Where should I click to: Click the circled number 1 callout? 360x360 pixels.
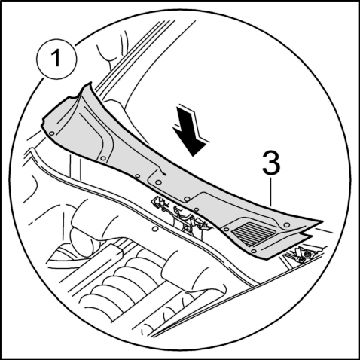click(56, 59)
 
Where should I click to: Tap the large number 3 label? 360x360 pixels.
click(271, 163)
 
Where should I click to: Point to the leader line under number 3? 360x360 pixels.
click(271, 191)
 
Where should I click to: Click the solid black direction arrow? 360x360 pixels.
click(190, 130)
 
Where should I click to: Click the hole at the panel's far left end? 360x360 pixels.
click(52, 133)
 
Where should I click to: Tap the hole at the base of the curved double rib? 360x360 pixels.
click(103, 158)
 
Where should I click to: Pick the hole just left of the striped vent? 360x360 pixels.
click(226, 229)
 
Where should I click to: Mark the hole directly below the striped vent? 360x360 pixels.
click(254, 251)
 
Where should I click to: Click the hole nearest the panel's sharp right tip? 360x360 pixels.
click(285, 225)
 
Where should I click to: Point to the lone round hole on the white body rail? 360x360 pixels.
click(155, 229)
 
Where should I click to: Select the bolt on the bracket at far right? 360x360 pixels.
click(306, 255)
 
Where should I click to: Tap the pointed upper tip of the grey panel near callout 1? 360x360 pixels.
click(90, 83)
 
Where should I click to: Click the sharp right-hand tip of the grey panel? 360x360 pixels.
click(322, 222)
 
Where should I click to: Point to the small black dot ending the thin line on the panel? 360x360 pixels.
click(165, 174)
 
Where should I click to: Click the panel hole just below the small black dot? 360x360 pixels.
click(158, 182)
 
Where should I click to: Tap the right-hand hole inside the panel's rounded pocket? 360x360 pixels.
click(187, 199)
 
